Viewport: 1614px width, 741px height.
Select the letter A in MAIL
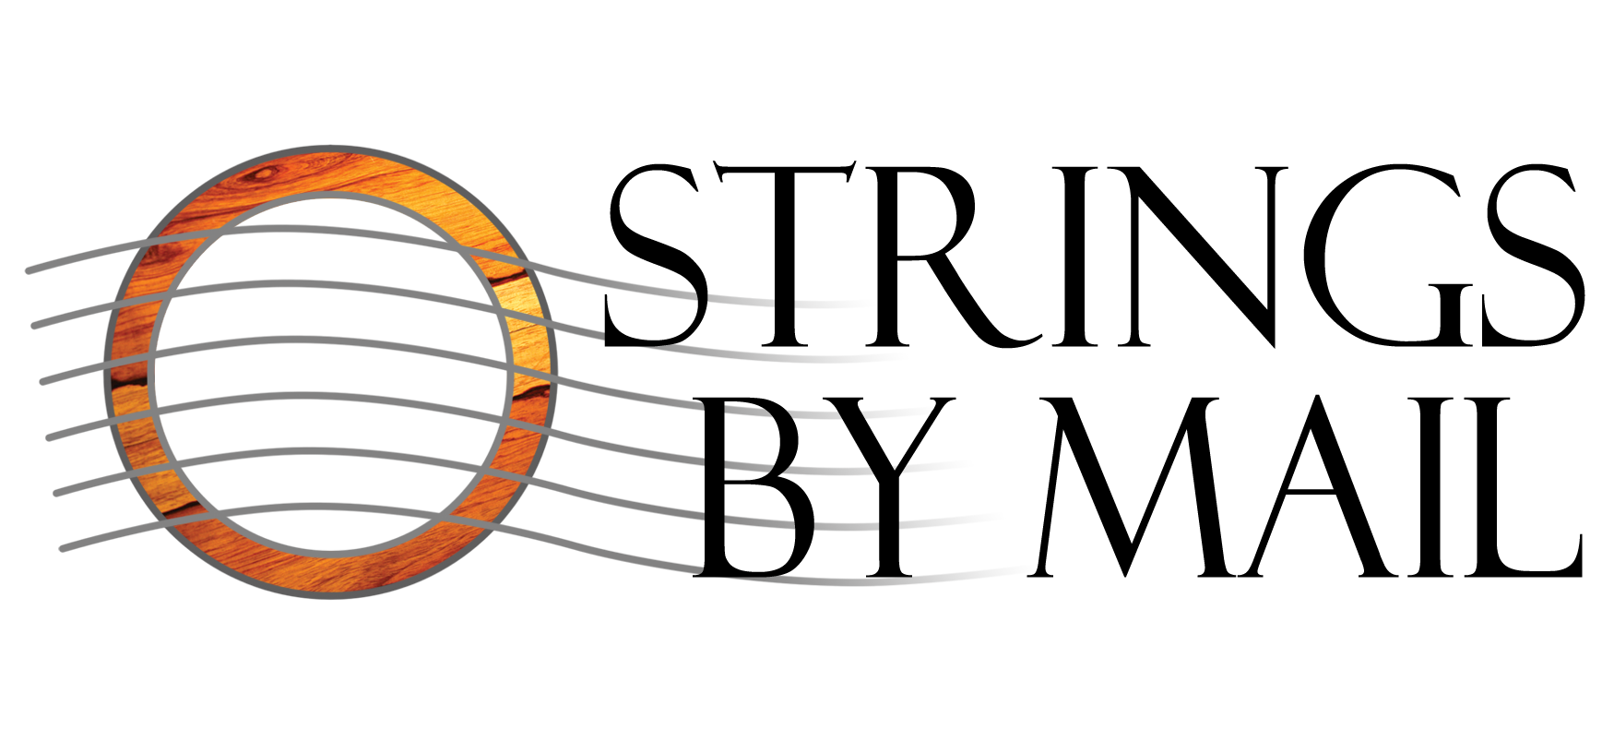[x=1310, y=461]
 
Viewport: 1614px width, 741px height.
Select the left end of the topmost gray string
[x=30, y=269]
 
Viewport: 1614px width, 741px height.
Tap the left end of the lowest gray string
[x=63, y=548]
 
